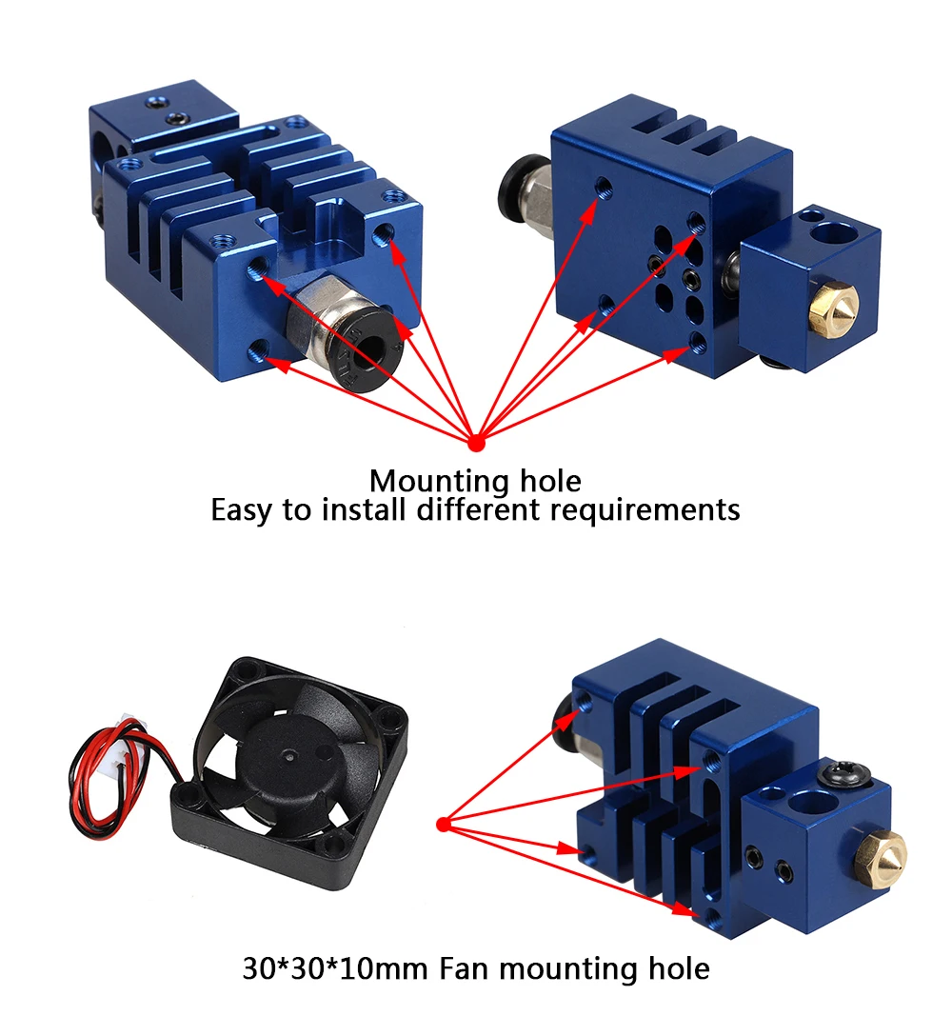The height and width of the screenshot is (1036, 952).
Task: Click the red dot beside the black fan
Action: point(442,824)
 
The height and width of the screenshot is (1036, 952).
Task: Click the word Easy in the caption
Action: point(242,509)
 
